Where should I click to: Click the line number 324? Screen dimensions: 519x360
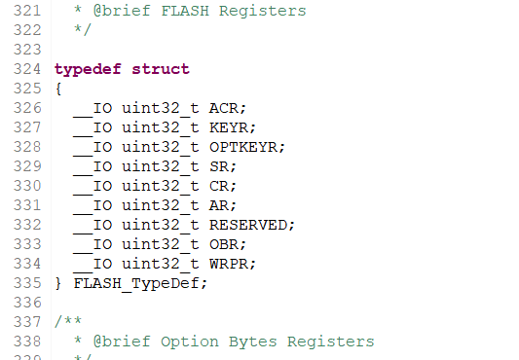pos(27,69)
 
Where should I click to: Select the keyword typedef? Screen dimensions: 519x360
pos(88,70)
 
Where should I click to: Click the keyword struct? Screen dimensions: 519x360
pos(161,69)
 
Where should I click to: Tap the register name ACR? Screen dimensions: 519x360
pos(224,108)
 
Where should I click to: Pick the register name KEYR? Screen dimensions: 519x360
pos(229,127)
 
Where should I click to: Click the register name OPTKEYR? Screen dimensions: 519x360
pos(243,147)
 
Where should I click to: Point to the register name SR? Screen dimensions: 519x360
pos(219,166)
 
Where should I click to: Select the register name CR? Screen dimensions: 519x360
pos(219,186)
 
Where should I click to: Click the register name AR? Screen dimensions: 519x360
pos(219,205)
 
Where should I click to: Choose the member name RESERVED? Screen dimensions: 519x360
pos(248,225)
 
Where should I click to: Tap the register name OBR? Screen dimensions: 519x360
pos(224,244)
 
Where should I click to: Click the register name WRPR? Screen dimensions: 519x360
pos(229,264)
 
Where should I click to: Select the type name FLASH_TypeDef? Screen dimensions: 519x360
pos(136,284)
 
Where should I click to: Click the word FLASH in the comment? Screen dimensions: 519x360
pos(185,11)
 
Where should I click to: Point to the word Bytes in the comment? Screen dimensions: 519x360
pos(253,342)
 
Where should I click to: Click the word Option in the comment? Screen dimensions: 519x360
pos(190,342)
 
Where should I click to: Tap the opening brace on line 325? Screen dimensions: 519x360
pos(58,89)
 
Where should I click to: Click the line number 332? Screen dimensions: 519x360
pos(27,225)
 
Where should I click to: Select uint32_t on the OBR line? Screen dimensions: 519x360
pos(161,245)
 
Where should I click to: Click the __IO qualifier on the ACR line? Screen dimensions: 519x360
pos(93,109)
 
